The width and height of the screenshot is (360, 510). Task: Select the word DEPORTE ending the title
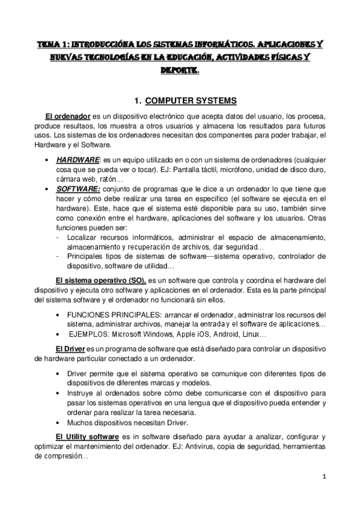[180, 70]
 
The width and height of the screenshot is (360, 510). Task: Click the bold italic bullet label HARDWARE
[78, 160]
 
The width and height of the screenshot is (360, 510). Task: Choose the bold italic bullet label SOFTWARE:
[78, 188]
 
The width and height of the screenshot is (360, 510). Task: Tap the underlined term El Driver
[70, 349]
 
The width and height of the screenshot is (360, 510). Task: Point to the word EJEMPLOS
[89, 334]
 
